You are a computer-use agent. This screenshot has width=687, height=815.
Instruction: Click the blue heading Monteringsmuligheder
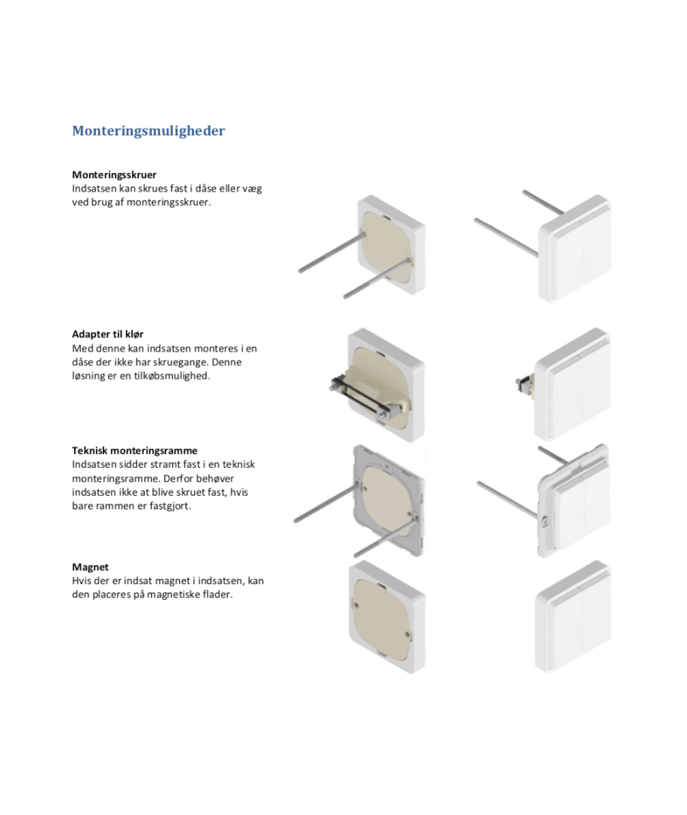tap(148, 131)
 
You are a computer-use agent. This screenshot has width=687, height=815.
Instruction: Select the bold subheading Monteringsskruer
tap(114, 174)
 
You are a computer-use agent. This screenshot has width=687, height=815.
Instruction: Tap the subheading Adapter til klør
tap(108, 334)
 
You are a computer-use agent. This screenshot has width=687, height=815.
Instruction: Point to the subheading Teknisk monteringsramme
tap(134, 451)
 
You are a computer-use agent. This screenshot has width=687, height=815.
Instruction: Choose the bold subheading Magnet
tap(90, 567)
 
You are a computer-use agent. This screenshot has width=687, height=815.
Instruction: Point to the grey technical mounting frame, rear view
tap(387, 500)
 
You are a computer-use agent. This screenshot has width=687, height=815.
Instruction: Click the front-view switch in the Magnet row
tap(572, 617)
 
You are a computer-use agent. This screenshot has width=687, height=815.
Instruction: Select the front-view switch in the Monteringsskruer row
tap(575, 248)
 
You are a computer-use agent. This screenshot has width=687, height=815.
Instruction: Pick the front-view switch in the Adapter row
tap(572, 385)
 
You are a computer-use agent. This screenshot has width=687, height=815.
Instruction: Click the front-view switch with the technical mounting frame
tap(573, 500)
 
